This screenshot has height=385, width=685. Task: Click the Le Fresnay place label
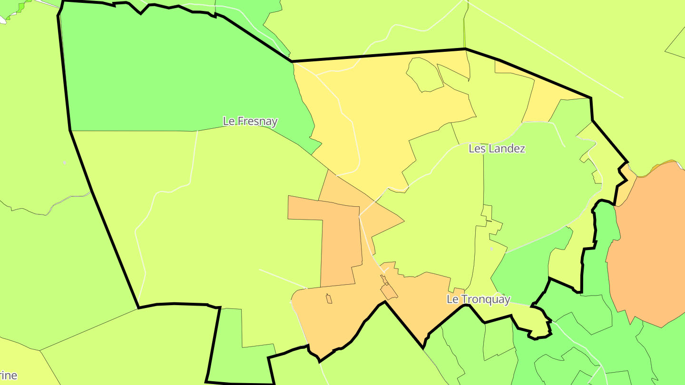(250, 121)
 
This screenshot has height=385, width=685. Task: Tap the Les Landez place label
(497, 149)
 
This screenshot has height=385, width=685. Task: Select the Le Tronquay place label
(478, 299)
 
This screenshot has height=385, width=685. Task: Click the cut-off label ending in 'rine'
(9, 375)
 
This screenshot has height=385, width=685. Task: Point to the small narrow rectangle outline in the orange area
(329, 299)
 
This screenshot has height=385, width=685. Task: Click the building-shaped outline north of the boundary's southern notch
(388, 289)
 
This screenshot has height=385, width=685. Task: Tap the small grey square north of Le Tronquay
(491, 249)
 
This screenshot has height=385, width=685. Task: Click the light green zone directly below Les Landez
(533, 190)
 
